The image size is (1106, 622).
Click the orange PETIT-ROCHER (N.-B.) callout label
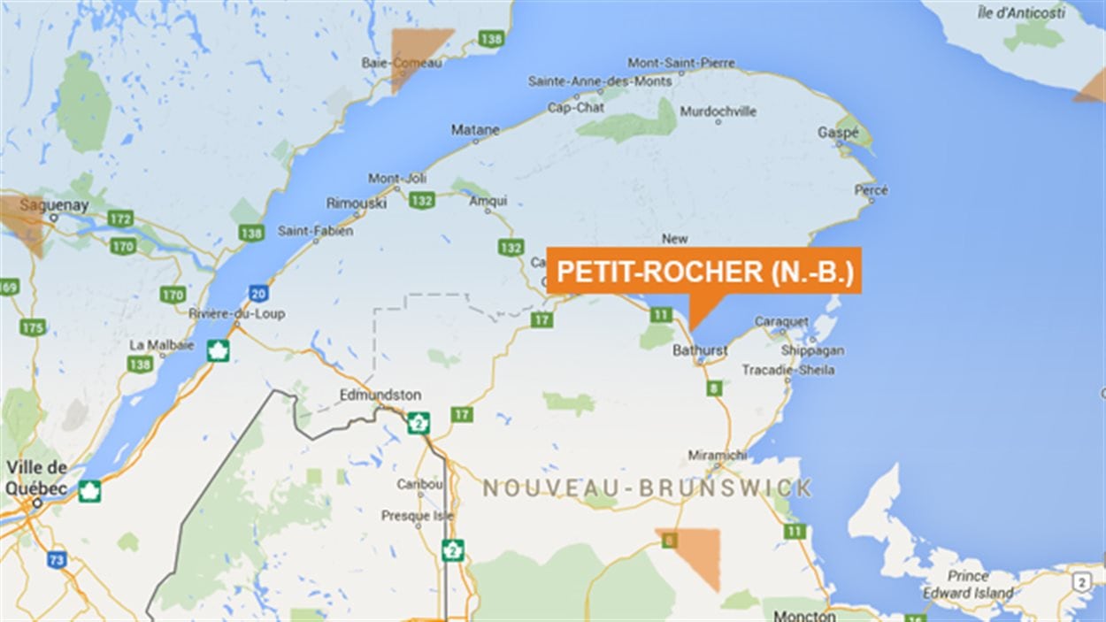pyautogui.click(x=703, y=272)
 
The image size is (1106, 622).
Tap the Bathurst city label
pyautogui.click(x=699, y=350)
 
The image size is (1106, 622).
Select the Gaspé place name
pyautogui.click(x=838, y=132)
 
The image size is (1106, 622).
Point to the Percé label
pyautogui.click(x=871, y=190)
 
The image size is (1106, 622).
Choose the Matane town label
pyautogui.click(x=475, y=129)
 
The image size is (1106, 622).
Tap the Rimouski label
pyautogui.click(x=357, y=203)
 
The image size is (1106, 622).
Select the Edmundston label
pyautogui.click(x=381, y=395)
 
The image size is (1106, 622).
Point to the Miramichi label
pyautogui.click(x=717, y=455)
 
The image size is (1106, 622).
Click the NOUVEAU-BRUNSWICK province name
pyautogui.click(x=647, y=488)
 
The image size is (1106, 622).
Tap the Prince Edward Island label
pyautogui.click(x=968, y=585)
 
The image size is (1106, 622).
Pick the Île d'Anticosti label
pyautogui.click(x=1033, y=12)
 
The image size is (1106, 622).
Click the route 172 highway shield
pyautogui.click(x=120, y=218)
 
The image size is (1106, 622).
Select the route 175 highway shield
pyautogui.click(x=32, y=327)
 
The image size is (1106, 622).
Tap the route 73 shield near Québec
pyautogui.click(x=57, y=559)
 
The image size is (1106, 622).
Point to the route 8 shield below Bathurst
pyautogui.click(x=714, y=388)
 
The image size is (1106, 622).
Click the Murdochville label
pyautogui.click(x=718, y=111)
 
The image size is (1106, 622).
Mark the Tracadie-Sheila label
pyautogui.click(x=787, y=369)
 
